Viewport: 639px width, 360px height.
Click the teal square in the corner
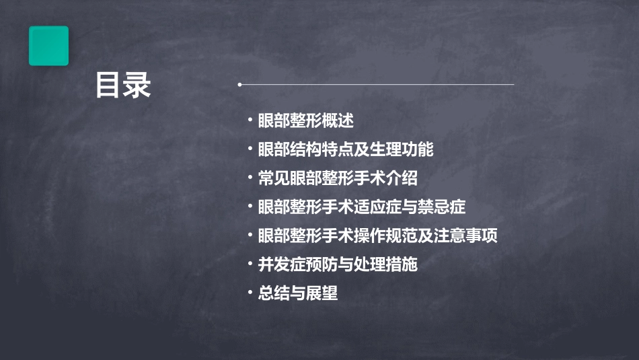tap(48, 46)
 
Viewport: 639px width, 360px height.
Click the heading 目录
tap(122, 85)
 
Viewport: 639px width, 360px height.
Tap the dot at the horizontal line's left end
tap(239, 85)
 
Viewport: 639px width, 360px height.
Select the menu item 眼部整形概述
tap(305, 121)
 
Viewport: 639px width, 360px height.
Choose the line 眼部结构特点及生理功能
tap(346, 149)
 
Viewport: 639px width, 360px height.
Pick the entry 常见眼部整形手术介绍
tap(338, 178)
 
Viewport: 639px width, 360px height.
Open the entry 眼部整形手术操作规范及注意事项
tap(377, 236)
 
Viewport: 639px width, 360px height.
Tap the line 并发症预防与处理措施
tap(338, 264)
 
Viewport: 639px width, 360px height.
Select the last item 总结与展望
tap(297, 293)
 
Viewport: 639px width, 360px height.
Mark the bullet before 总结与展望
tap(250, 293)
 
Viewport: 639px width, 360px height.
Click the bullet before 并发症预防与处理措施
tap(250, 264)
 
